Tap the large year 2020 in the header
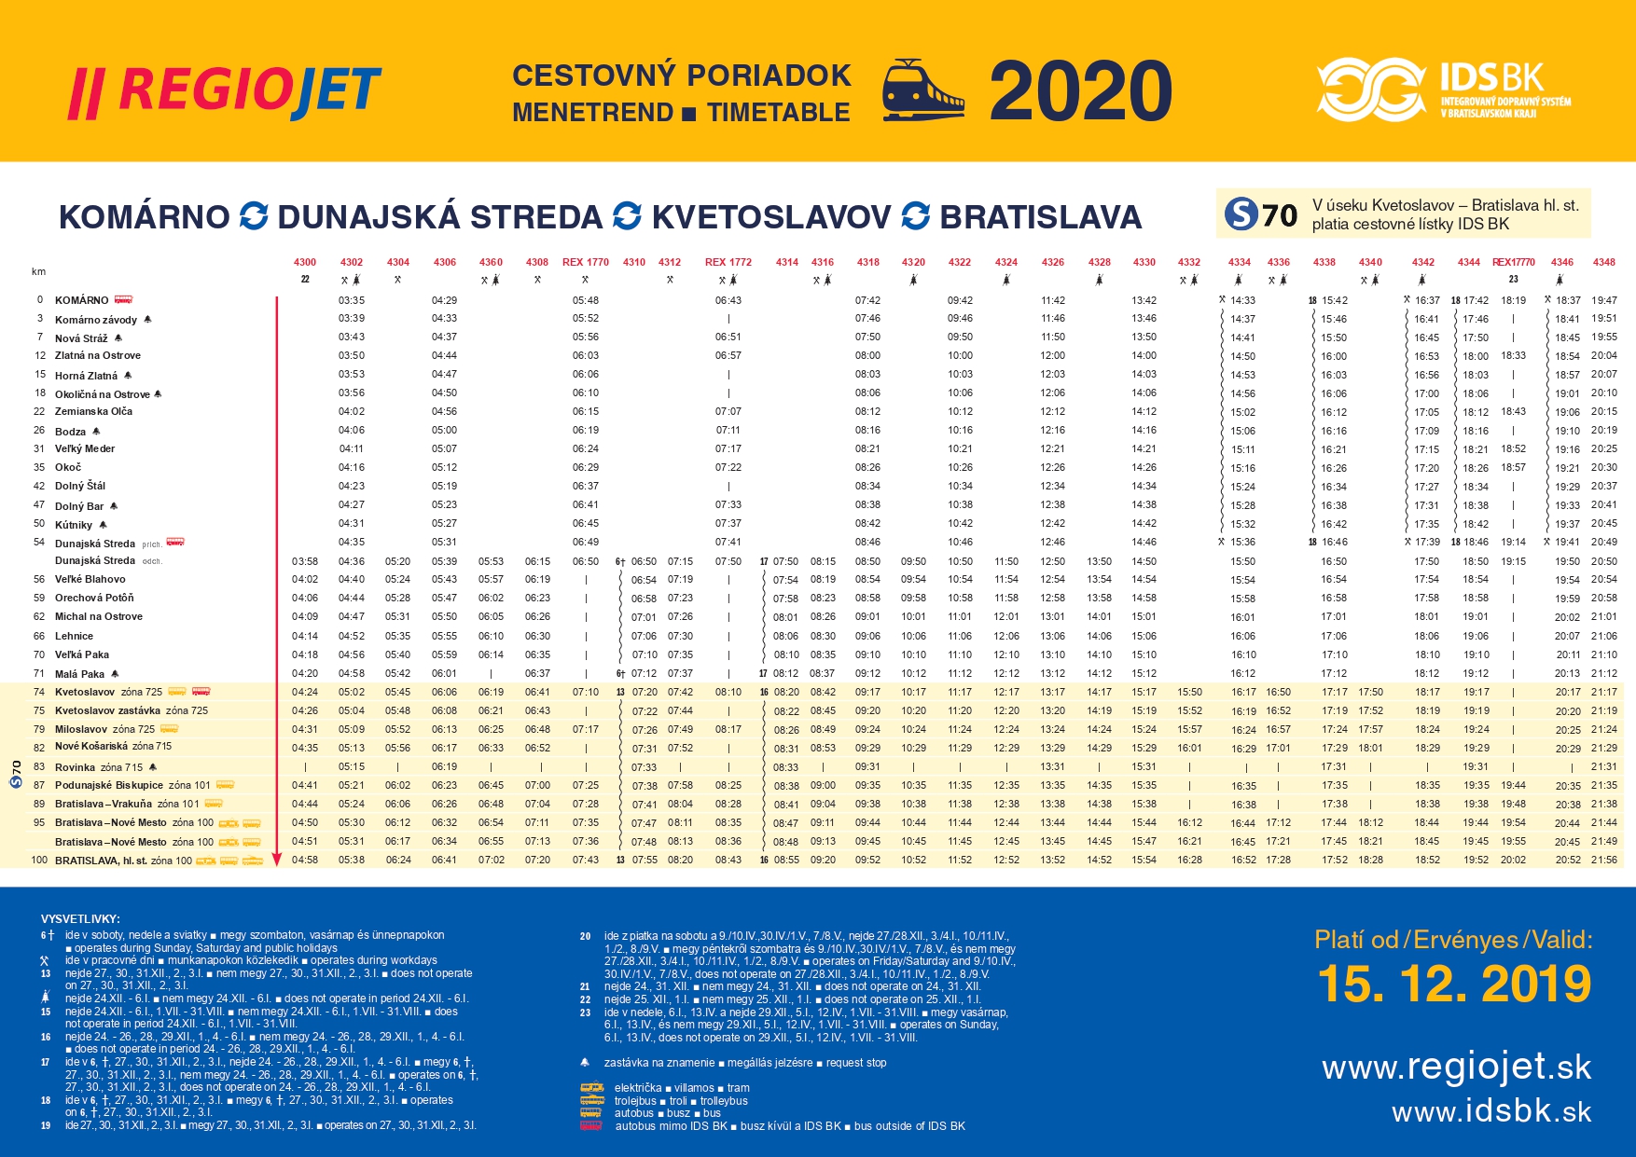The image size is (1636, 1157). pyautogui.click(x=1080, y=91)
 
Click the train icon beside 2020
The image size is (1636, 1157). pyautogui.click(x=922, y=90)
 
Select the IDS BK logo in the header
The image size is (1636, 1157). pyautogui.click(x=1443, y=90)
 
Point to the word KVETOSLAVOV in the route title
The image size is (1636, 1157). pyautogui.click(x=770, y=217)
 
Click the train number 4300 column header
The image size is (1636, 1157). pyautogui.click(x=305, y=262)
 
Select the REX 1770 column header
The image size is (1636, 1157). pyautogui.click(x=585, y=262)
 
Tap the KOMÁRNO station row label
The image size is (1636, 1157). pyautogui.click(x=82, y=300)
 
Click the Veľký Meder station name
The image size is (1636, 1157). pyautogui.click(x=85, y=448)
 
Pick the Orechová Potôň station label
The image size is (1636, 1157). pyautogui.click(x=94, y=598)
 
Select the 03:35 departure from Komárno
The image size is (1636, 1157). pyautogui.click(x=352, y=300)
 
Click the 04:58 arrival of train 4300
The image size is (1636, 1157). pyautogui.click(x=305, y=860)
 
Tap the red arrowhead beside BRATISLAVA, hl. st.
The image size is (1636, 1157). pyautogui.click(x=276, y=860)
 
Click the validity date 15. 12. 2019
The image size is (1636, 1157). pyautogui.click(x=1454, y=985)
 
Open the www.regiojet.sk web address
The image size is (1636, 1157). pyautogui.click(x=1456, y=1067)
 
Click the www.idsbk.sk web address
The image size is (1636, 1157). pyautogui.click(x=1490, y=1111)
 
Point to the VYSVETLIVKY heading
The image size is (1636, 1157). pyautogui.click(x=80, y=919)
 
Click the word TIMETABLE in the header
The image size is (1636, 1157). pyautogui.click(x=778, y=113)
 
